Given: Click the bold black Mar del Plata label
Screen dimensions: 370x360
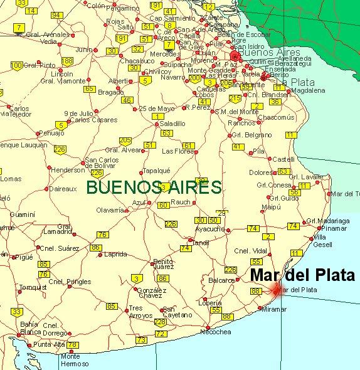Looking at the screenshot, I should [302, 275].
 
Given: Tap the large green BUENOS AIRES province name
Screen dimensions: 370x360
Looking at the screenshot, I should [154, 187].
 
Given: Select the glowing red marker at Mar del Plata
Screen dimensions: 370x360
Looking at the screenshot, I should [277, 290].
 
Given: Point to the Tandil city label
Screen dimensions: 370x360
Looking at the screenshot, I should [201, 243].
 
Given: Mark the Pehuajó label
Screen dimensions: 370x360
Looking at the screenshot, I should [51, 133].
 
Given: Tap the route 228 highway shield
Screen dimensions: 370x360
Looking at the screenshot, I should [161, 322].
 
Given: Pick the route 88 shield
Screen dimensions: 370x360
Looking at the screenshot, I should [256, 291].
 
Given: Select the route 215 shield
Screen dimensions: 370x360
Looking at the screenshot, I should [235, 98].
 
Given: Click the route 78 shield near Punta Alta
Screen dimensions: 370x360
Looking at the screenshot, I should [73, 344].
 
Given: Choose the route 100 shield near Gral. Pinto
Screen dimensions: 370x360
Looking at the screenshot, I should [17, 65].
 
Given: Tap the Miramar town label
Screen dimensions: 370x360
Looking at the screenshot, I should [273, 309].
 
